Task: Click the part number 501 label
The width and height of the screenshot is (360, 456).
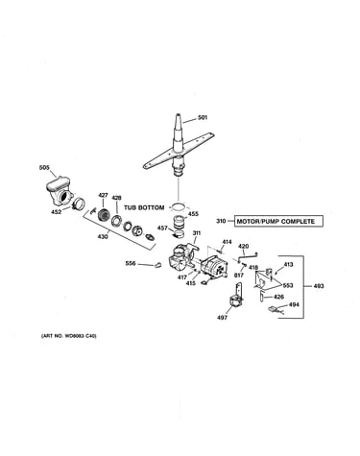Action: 203,117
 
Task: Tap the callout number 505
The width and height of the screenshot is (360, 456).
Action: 44,167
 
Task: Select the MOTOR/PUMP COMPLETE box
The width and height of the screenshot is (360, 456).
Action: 278,221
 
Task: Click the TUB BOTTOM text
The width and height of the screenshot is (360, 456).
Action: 144,207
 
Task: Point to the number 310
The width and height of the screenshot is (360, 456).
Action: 221,221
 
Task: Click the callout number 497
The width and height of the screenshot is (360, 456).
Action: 222,318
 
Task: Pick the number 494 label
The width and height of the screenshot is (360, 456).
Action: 294,304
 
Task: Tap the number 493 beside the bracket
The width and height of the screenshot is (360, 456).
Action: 319,286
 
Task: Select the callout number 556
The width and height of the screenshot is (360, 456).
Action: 131,263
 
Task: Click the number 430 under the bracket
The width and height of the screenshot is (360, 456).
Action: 103,236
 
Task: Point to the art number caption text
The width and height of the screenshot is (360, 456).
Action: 69,336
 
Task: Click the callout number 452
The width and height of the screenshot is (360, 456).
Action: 57,212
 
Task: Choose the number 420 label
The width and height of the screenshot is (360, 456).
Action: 244,246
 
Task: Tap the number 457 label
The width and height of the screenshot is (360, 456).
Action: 162,228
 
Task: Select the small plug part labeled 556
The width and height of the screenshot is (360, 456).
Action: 157,265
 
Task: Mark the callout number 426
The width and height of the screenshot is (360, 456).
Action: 278,297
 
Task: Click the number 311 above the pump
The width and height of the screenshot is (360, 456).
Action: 196,233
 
